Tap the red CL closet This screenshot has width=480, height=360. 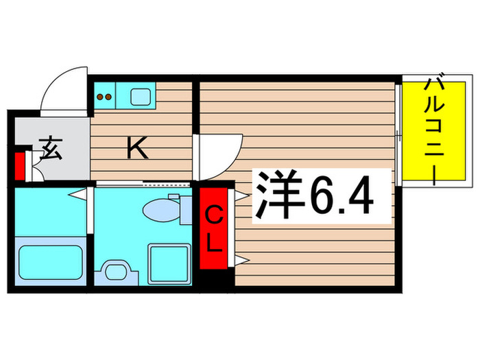click(x=215, y=230)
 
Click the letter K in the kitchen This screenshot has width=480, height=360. click(x=138, y=149)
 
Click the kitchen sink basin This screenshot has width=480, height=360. click(x=141, y=95)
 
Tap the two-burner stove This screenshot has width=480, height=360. click(x=104, y=96)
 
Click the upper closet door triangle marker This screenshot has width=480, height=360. click(x=241, y=195)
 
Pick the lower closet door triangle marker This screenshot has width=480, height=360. click(x=241, y=259)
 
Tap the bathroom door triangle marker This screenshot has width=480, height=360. click(x=82, y=196)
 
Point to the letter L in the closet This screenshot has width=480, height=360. click(x=215, y=244)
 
